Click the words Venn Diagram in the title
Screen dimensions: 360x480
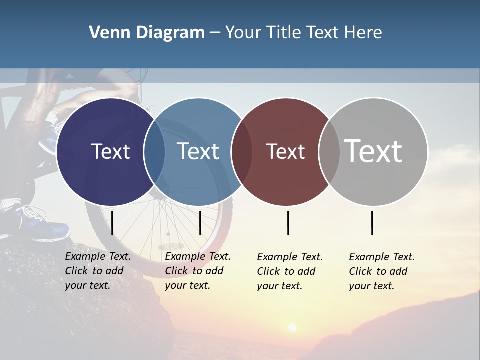pos(147,33)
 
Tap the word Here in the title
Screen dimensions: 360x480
pos(363,33)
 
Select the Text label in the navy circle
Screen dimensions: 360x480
pos(110,151)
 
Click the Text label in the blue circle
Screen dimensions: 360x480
pos(198,151)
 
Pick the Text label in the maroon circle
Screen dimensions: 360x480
pos(285,151)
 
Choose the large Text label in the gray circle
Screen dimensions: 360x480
pos(373,151)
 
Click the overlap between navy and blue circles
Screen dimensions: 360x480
pos(154,152)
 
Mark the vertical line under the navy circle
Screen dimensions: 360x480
pos(112,223)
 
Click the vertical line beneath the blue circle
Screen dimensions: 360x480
pos(200,223)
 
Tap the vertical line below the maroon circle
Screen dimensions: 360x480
pos(288,223)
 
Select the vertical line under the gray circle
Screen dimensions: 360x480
pos(372,223)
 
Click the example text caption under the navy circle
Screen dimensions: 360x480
pos(98,271)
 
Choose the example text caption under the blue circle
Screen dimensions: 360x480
pos(198,271)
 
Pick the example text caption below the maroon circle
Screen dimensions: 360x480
pos(290,271)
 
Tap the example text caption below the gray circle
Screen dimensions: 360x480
pos(382,271)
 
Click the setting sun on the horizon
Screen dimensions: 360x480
pos(292,327)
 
